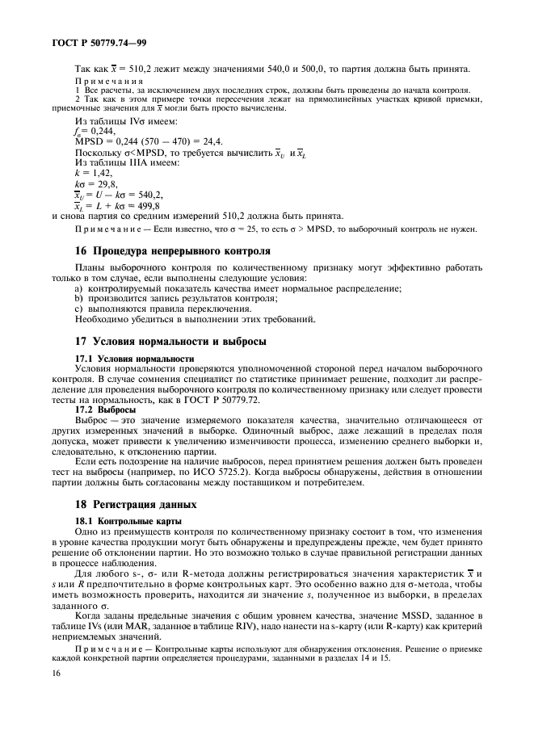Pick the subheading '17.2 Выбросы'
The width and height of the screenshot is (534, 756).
pyautogui.click(x=106, y=409)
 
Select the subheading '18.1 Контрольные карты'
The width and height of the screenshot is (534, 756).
pyautogui.click(x=128, y=519)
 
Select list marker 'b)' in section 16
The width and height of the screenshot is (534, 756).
pyautogui.click(x=79, y=298)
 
